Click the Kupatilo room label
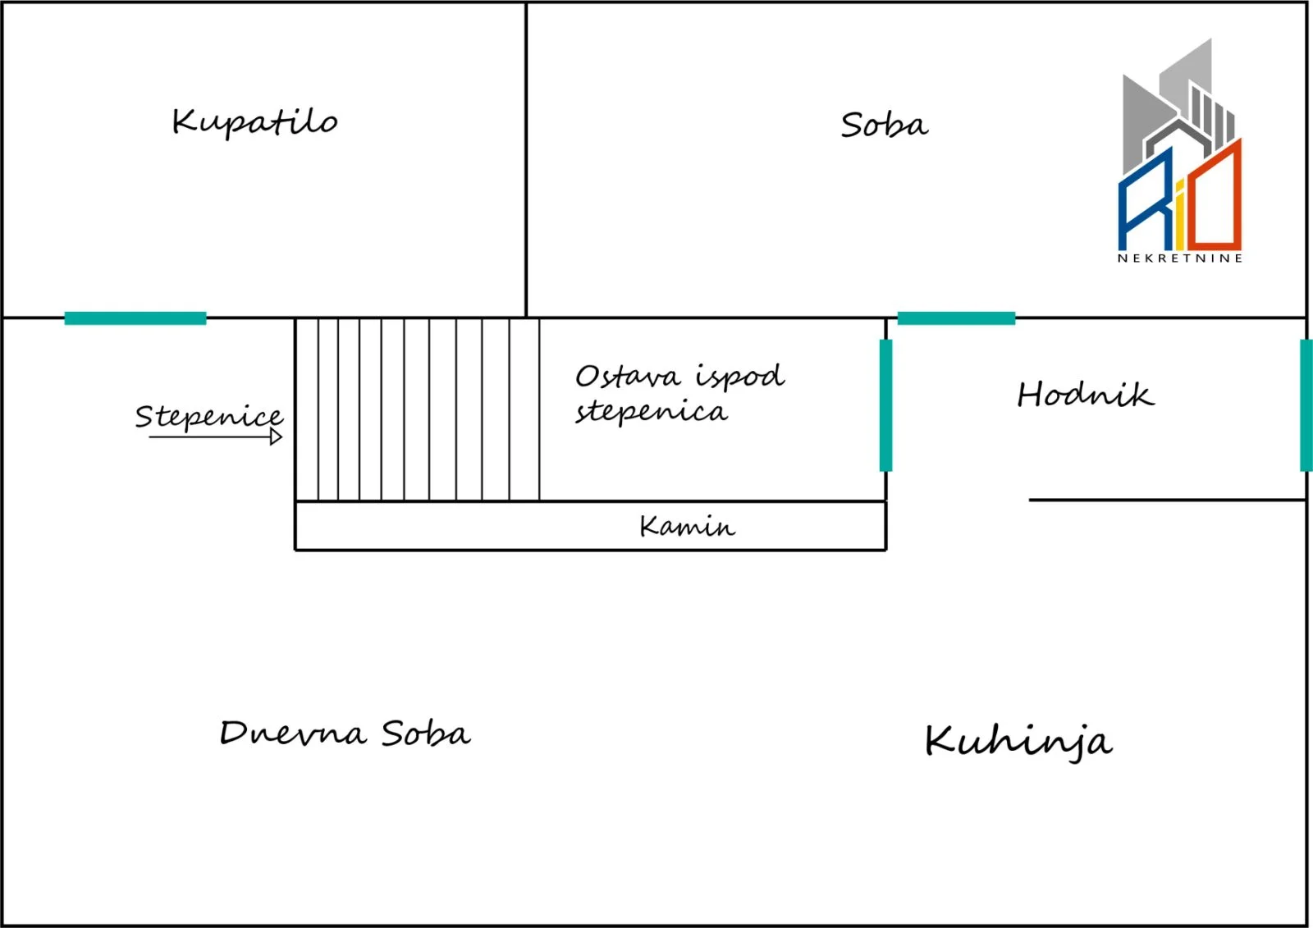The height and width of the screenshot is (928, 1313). coord(254,123)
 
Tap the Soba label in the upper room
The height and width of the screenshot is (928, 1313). coord(884,125)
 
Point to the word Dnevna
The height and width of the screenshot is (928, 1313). coord(293,733)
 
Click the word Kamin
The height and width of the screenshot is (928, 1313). coord(687,526)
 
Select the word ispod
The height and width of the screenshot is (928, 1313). coord(740,377)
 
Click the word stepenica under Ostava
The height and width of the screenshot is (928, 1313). coord(651,412)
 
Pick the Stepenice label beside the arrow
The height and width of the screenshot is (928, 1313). coord(209,417)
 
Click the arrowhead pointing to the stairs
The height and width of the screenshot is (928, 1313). coord(276,437)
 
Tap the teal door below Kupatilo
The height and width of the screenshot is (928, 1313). coord(135,318)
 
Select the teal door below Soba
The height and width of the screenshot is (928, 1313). coord(956,318)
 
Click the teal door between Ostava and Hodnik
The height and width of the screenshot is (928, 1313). coord(885,405)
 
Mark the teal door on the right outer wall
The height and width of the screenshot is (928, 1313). coord(1306,405)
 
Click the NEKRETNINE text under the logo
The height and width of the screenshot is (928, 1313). coord(1180,258)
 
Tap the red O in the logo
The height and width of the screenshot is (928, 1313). coord(1218,194)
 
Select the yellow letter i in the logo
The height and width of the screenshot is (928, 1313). coord(1180,215)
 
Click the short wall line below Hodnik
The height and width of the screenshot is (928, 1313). coord(1167,500)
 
